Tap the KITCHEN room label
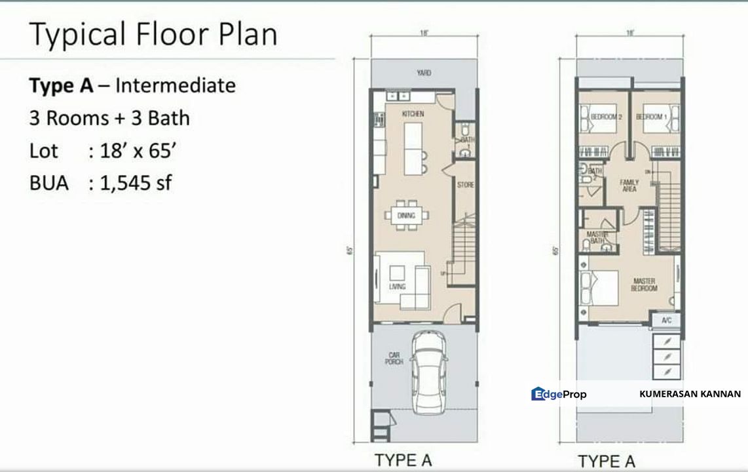tap(413, 114)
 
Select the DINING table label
tap(406, 215)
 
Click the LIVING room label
tap(397, 286)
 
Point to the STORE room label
tap(465, 186)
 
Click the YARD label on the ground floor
tap(424, 73)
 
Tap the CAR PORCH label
tap(394, 358)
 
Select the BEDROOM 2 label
tap(605, 117)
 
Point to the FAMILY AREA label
tap(629, 185)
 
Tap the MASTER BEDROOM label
tap(644, 285)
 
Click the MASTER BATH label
tap(597, 237)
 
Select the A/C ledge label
tap(667, 321)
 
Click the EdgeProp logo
tap(559, 394)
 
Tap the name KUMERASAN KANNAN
tap(690, 394)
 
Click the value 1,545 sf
tap(136, 183)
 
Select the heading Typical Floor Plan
tap(153, 35)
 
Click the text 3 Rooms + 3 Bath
tap(109, 118)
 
